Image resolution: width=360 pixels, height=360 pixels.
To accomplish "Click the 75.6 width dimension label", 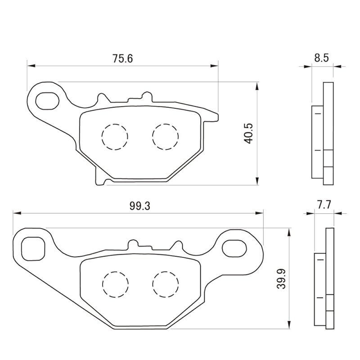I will click(122, 58).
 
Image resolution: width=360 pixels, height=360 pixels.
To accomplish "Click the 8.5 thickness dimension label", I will click(322, 58).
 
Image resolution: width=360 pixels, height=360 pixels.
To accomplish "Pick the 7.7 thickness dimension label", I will click(324, 205).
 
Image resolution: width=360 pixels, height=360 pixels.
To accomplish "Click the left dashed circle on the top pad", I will click(115, 136).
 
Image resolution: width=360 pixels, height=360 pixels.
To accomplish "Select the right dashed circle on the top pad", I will click(165, 136).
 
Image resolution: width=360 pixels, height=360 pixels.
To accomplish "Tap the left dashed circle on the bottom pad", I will click(115, 283).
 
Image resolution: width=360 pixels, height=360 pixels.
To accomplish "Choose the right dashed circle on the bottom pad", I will click(165, 283).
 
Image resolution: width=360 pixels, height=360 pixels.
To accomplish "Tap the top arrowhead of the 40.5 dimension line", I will click(257, 85).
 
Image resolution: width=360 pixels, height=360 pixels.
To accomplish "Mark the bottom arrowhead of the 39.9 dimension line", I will click(288, 326).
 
